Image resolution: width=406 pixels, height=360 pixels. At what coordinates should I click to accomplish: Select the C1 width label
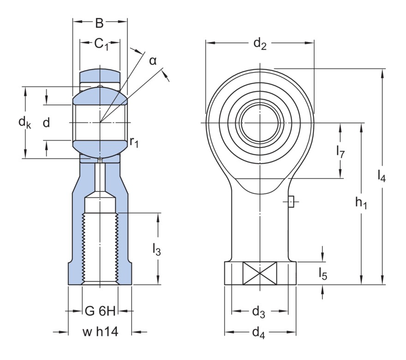100,44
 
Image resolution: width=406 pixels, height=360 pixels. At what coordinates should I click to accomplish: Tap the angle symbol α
153,60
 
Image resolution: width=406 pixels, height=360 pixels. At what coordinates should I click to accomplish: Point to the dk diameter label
24,123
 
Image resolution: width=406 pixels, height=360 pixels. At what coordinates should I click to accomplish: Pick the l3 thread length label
156,249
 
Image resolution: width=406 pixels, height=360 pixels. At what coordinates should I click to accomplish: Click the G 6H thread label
100,311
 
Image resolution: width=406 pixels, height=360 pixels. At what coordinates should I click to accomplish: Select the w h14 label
100,332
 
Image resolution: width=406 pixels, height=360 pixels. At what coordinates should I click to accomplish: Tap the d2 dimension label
260,44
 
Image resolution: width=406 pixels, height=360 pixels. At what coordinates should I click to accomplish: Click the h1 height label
361,202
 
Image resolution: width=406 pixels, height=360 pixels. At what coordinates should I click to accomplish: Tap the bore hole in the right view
260,123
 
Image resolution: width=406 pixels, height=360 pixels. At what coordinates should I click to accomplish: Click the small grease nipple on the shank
291,201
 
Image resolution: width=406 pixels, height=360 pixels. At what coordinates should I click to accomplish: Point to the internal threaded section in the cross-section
100,249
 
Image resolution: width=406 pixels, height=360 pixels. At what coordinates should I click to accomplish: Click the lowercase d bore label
46,123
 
